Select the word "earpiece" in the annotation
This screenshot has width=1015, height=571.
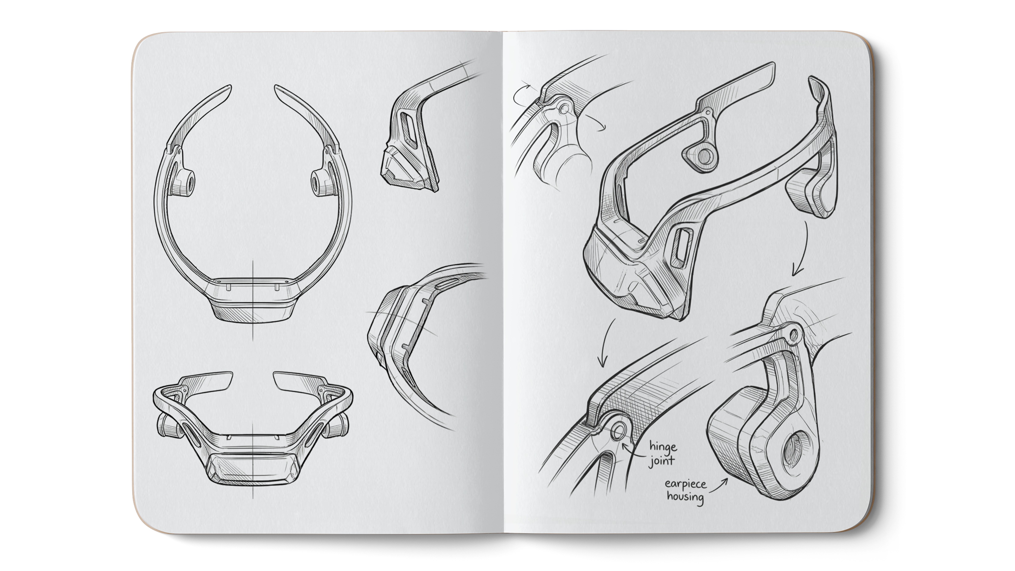686,484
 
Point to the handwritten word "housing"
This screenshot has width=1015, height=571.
685,497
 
